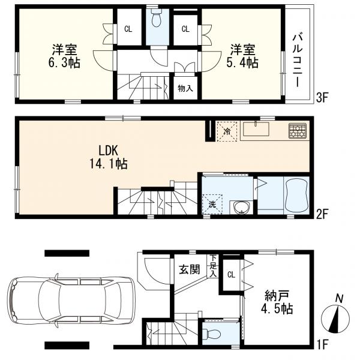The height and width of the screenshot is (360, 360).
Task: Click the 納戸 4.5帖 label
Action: coord(278,303)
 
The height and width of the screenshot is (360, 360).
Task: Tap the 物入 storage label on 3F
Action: coord(185,88)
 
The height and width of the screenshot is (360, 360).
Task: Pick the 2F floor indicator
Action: coord(323,212)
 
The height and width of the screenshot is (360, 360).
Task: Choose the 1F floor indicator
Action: coord(323,346)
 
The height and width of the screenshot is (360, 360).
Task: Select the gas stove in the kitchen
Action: coord(297,131)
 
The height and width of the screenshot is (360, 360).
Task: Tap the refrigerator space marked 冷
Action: coord(227,130)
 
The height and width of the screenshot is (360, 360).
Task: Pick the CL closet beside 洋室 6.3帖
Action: coord(128,28)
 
